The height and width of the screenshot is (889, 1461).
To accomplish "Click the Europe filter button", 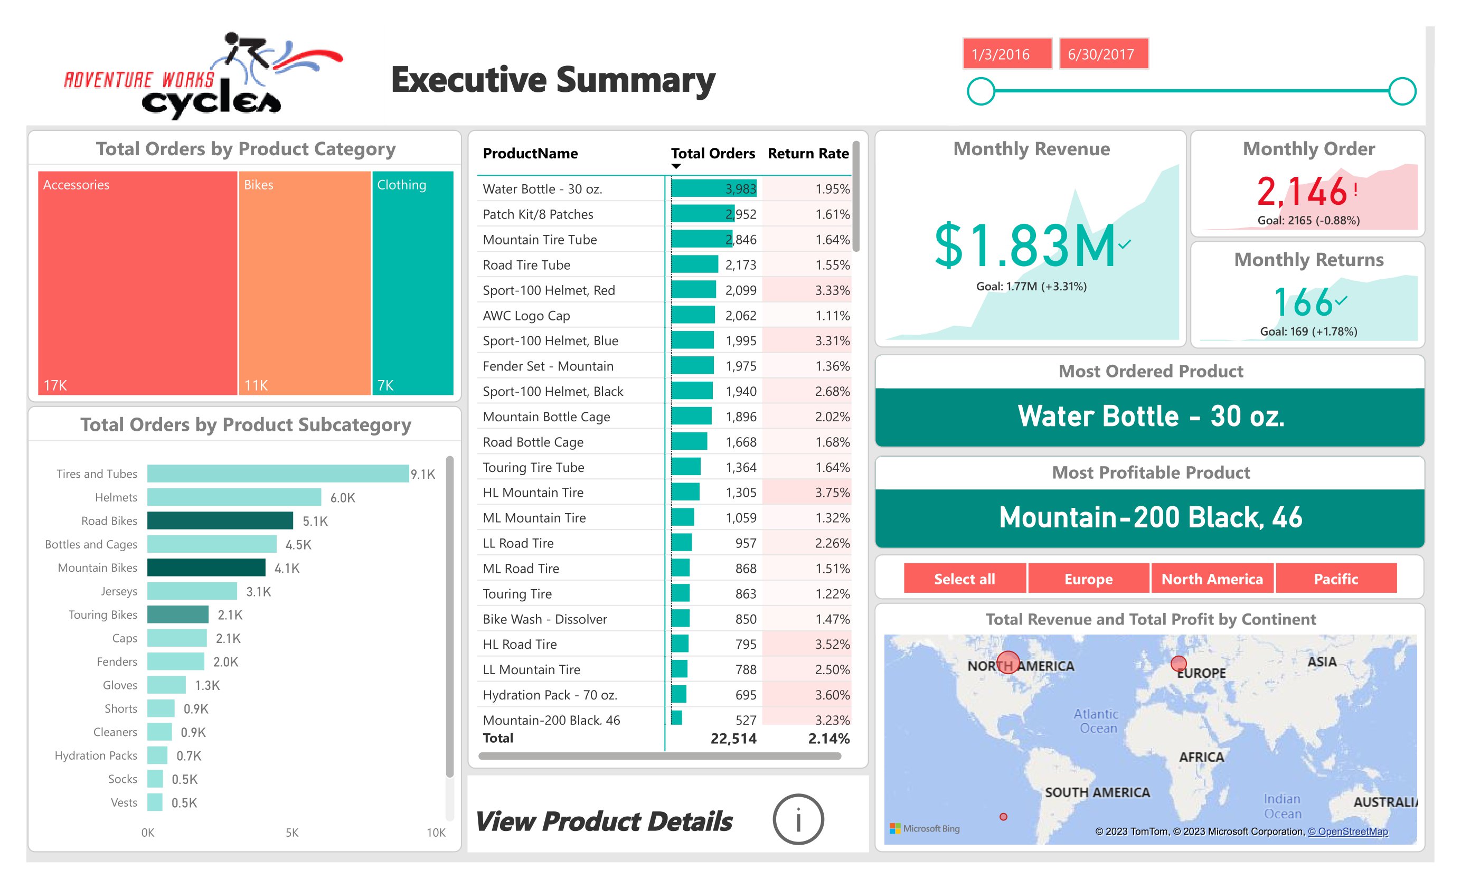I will (x=1088, y=579).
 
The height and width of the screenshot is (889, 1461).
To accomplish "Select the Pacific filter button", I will (x=1335, y=579).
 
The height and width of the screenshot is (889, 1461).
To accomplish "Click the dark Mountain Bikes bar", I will (x=206, y=568).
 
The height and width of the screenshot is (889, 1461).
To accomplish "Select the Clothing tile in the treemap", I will (x=413, y=283).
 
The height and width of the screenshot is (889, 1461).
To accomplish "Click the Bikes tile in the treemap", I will (x=304, y=283).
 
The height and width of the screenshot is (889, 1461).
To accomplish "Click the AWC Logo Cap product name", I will (x=526, y=316).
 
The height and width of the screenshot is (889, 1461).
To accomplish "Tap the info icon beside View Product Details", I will (x=798, y=820).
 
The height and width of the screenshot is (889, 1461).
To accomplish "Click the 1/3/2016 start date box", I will (x=1006, y=54).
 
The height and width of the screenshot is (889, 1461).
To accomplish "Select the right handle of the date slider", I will (x=1402, y=91).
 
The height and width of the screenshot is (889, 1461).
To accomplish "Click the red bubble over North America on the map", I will (x=1008, y=663).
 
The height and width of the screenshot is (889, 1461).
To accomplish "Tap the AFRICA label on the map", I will (x=1201, y=757).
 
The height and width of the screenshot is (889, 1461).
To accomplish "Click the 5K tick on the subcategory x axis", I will (x=292, y=833).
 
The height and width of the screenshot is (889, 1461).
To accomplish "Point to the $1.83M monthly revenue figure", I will (x=1024, y=246).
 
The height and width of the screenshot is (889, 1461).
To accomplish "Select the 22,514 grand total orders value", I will (x=733, y=739).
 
